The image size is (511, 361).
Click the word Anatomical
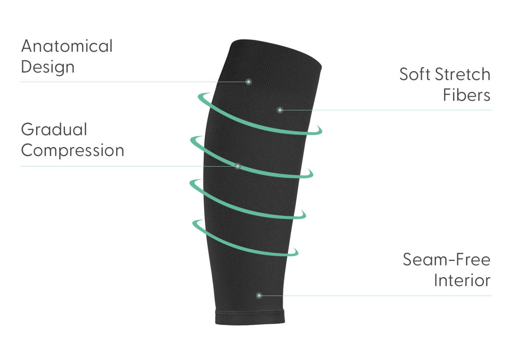[x=67, y=46]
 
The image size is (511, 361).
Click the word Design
[x=48, y=67]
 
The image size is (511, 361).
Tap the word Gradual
[x=54, y=129]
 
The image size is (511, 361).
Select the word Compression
[x=72, y=150]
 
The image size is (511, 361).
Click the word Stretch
[x=463, y=74]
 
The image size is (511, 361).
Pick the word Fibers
[x=466, y=95]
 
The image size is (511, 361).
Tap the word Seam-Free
[x=446, y=260]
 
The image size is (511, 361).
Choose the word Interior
[x=462, y=280]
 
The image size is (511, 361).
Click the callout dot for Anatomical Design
[x=249, y=82]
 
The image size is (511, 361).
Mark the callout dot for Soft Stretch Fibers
[x=280, y=110]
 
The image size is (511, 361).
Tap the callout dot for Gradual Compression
[x=238, y=166]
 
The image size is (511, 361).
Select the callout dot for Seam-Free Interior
[x=259, y=295]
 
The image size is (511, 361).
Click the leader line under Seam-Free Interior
[x=389, y=296]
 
